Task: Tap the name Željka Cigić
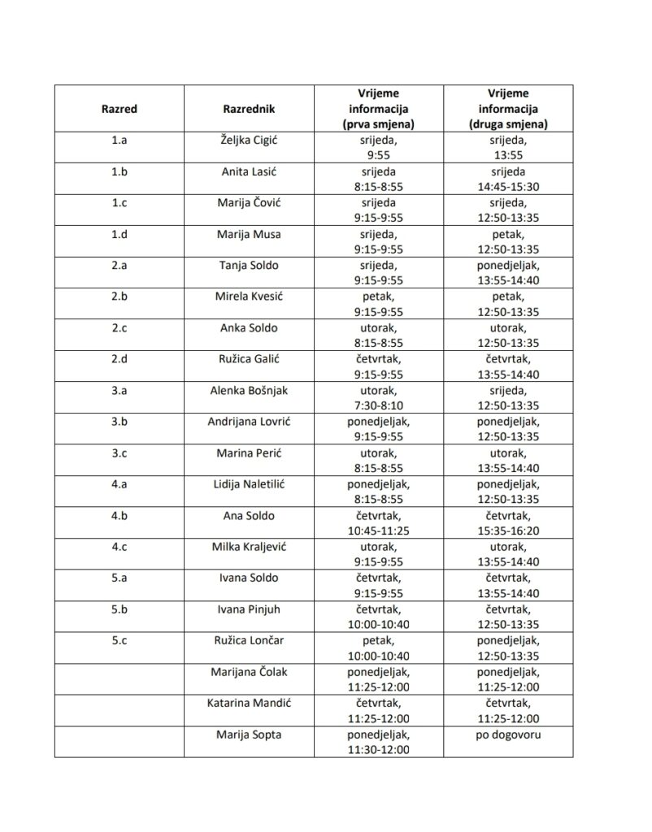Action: point(249,141)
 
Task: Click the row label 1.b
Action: point(120,171)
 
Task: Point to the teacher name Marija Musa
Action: point(249,235)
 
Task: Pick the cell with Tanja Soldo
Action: point(249,266)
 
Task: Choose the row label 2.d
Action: point(120,360)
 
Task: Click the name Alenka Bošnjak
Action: point(249,391)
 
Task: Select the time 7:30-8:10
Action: point(378,406)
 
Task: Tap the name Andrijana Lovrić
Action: point(249,422)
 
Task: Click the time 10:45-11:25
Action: point(378,531)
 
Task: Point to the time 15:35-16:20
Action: point(508,531)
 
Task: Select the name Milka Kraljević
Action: point(249,547)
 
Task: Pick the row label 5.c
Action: point(120,640)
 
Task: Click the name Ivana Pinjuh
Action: point(249,609)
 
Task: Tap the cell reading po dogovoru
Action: point(508,734)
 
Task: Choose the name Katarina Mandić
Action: point(249,703)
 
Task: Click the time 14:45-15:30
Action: point(508,187)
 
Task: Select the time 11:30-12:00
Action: point(378,749)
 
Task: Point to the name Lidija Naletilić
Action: point(249,484)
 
